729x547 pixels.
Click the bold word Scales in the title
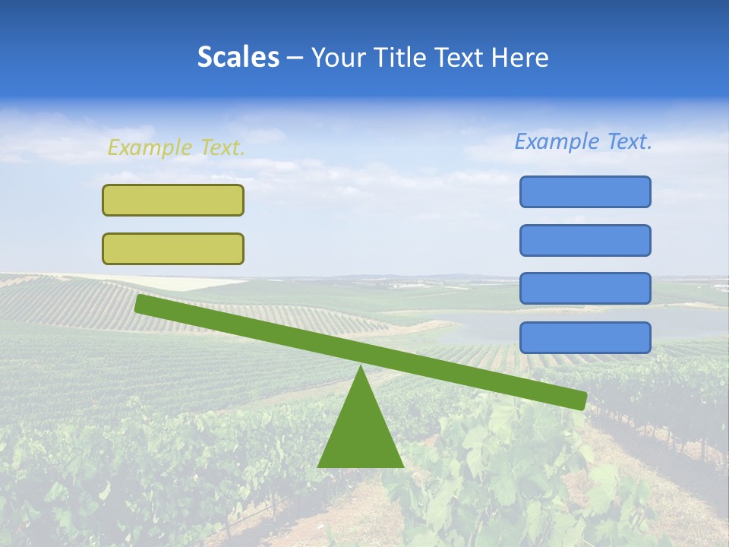pos(238,58)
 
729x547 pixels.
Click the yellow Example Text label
pos(175,147)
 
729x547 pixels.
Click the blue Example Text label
pos(583,141)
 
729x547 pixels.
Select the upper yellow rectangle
pos(173,200)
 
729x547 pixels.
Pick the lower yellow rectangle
pos(173,248)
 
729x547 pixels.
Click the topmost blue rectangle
pos(585,191)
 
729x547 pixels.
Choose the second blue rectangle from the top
pos(585,240)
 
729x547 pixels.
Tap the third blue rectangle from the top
pos(585,289)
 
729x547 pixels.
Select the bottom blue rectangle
pos(585,337)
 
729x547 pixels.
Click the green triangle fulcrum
pos(361,433)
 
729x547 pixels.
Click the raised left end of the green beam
pos(140,303)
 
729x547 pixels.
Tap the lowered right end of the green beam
pos(581,400)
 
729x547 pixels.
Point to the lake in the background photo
pos(486,327)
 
